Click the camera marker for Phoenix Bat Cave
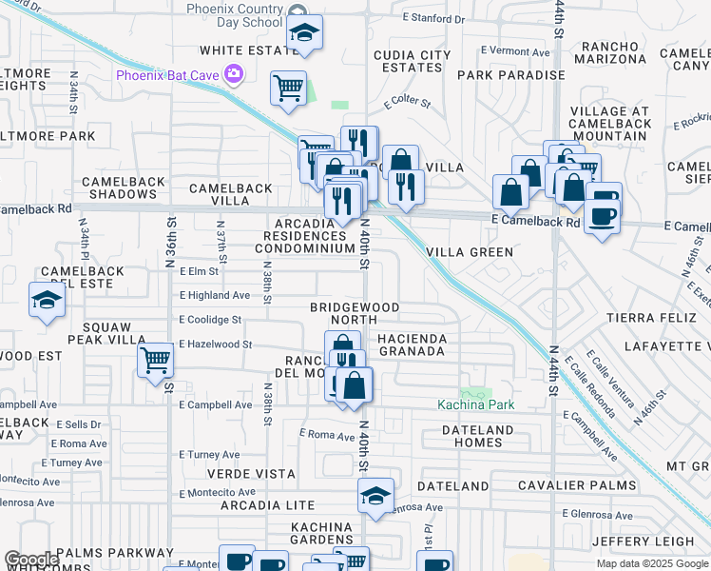[233, 74]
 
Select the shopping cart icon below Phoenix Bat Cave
[288, 89]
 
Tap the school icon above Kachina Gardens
[375, 496]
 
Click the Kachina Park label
[475, 404]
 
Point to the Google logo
[30, 560]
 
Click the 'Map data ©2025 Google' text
[651, 563]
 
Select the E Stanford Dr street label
[438, 17]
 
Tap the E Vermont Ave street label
[515, 50]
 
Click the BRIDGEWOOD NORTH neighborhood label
[355, 314]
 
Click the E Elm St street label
[199, 271]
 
